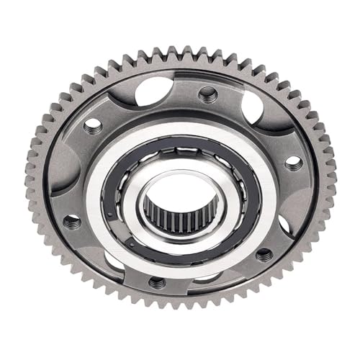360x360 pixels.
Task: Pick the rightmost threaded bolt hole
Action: pos(294,163)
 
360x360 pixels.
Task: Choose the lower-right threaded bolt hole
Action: pos(265,254)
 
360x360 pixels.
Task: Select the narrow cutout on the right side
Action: pos(284,224)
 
